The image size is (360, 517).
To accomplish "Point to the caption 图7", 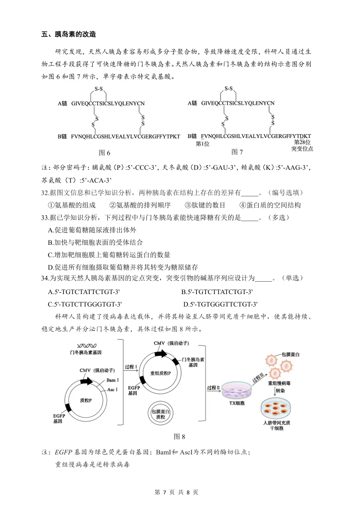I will tap(237, 152).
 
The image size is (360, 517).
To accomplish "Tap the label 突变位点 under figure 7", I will tap(302, 149).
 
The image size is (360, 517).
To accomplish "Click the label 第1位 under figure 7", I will tap(202, 144).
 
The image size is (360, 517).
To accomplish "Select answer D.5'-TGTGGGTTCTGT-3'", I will tap(220, 304).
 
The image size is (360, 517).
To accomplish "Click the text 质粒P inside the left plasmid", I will tap(86, 400).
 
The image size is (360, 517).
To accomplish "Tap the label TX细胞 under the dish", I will tap(236, 403).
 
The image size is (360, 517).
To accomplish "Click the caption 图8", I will tap(179, 437).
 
